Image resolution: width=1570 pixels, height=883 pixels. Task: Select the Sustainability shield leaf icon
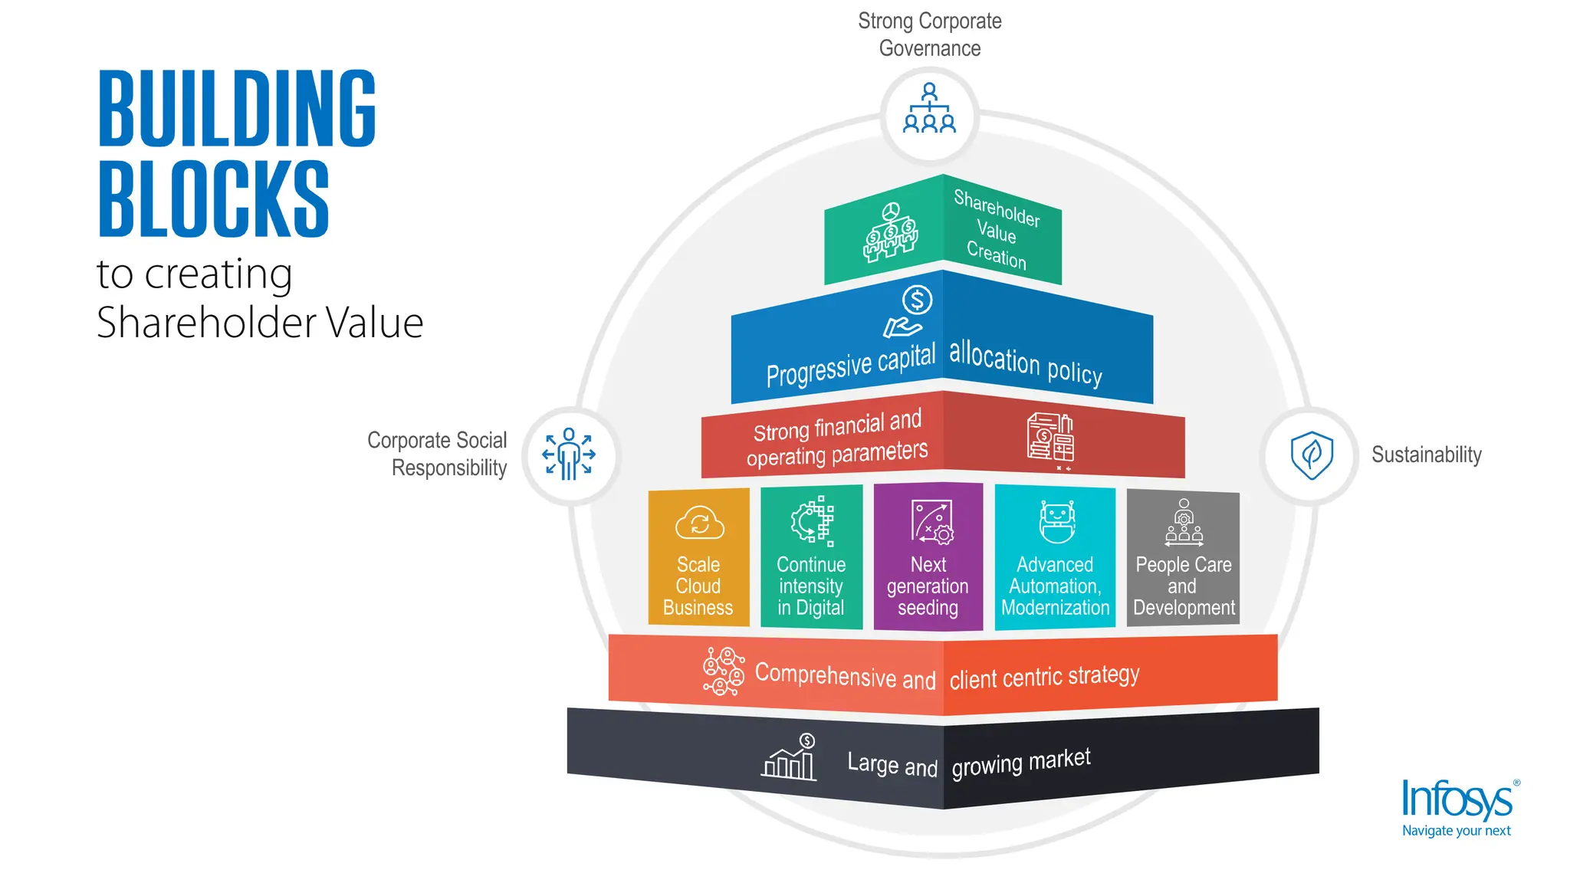click(1312, 455)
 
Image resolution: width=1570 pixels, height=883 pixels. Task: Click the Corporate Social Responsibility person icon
click(569, 455)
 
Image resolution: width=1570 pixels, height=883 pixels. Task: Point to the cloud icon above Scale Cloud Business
click(699, 523)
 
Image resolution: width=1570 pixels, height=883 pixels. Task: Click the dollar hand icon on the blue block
click(909, 311)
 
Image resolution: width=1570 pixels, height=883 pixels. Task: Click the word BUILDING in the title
click(237, 108)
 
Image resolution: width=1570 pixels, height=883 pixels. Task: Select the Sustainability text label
click(1426, 455)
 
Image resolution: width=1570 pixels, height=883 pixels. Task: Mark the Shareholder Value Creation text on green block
click(997, 229)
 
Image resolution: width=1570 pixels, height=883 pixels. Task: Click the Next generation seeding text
click(928, 586)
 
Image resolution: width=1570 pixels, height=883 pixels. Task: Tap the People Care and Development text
click(1184, 586)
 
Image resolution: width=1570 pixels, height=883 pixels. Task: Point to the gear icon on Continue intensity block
click(812, 520)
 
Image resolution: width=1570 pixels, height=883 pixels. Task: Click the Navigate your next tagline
click(1456, 831)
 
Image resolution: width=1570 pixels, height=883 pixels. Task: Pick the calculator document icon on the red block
click(1050, 438)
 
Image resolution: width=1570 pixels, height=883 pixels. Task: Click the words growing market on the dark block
click(1020, 763)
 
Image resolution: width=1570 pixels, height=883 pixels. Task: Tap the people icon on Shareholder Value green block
click(890, 233)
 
